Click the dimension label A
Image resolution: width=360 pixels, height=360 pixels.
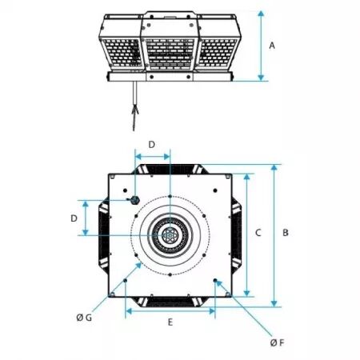point(272,46)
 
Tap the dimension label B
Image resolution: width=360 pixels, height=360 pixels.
point(286,233)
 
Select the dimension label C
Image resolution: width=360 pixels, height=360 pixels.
point(258,233)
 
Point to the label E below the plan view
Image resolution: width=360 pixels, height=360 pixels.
point(170,322)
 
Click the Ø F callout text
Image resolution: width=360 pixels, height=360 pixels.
point(278,342)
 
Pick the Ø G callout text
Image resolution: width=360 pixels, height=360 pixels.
point(84,318)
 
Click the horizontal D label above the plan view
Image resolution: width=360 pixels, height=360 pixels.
point(151,145)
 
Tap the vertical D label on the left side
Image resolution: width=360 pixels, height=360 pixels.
point(74,218)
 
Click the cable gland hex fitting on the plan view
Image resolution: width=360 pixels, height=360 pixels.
point(135,200)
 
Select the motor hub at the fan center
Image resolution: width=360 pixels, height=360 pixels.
point(170,235)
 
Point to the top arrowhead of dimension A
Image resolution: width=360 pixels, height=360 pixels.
point(261,14)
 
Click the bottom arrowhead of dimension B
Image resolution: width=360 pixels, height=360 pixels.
point(274,303)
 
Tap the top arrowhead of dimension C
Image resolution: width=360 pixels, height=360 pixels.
point(247,177)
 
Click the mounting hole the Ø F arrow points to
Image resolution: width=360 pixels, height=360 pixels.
point(215,280)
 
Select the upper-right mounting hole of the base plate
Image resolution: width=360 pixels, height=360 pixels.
point(215,190)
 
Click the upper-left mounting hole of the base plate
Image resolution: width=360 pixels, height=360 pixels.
point(125,190)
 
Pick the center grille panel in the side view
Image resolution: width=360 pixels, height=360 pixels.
point(170,54)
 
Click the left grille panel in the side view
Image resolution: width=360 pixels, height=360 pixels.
point(122,53)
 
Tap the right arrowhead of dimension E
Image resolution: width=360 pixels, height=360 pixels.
point(212,311)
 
